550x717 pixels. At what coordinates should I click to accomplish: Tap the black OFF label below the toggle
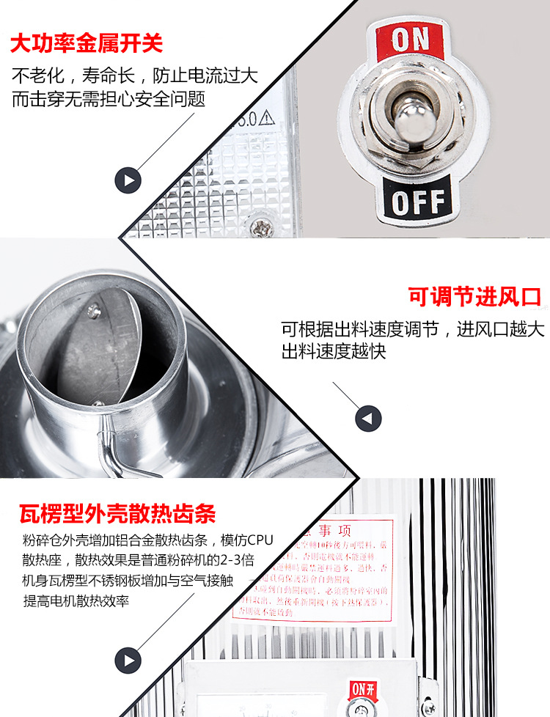point(417,200)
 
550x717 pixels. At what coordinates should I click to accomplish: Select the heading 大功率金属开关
point(86,43)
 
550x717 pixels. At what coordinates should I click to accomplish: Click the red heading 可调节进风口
point(474,297)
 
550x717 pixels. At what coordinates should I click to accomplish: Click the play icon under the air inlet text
point(368,419)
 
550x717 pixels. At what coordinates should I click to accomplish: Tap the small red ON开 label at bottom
point(362,688)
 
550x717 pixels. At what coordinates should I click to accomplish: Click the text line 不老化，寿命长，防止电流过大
point(134,76)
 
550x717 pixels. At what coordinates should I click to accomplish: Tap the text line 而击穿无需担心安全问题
point(108,99)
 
